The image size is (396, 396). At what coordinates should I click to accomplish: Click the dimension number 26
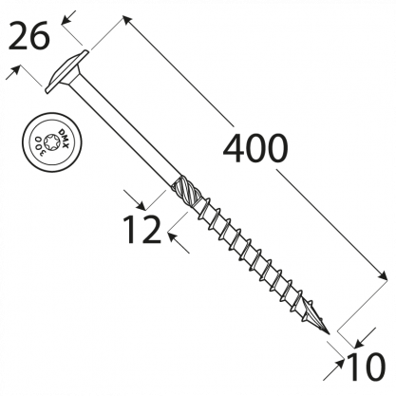click(28, 36)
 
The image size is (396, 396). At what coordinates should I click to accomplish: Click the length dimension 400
click(255, 148)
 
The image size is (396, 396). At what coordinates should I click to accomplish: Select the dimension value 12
click(141, 230)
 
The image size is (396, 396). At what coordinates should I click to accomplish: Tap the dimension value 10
click(367, 368)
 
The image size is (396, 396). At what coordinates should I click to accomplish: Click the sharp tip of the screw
click(330, 334)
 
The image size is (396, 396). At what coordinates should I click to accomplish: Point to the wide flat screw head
click(66, 72)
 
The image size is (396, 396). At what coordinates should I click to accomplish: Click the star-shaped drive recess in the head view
click(52, 141)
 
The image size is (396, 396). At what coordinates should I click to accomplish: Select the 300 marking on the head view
click(40, 144)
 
